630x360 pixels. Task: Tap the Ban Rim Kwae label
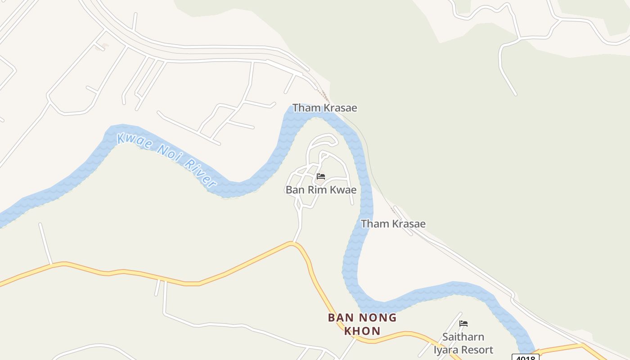click(321, 190)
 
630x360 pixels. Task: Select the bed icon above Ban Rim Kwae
click(321, 176)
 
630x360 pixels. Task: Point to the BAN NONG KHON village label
click(362, 324)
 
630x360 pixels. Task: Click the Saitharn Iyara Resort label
click(463, 343)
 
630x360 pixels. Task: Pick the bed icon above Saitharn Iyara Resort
click(463, 324)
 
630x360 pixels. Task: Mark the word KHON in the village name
click(362, 331)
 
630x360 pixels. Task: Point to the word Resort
click(477, 350)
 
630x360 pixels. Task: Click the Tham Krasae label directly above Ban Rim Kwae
click(324, 108)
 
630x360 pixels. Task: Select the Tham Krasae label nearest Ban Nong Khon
click(393, 224)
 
